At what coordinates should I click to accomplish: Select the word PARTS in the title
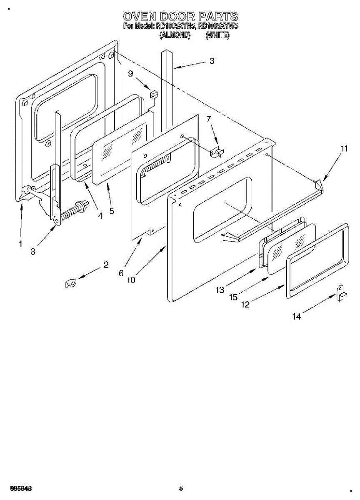coord(218,17)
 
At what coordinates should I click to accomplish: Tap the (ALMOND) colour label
coord(175,36)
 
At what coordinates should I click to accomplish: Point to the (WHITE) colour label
coord(217,36)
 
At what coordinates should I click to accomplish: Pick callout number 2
coord(106,265)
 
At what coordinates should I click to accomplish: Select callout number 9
coord(131,74)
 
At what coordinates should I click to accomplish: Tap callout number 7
coord(209,119)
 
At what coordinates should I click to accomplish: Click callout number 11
coord(344,148)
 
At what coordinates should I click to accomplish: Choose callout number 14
coord(296,317)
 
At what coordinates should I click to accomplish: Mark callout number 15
coord(233,297)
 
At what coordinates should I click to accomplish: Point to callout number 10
coord(131,280)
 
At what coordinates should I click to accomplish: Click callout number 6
coord(121,273)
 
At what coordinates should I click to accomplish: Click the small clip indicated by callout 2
coord(70,283)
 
